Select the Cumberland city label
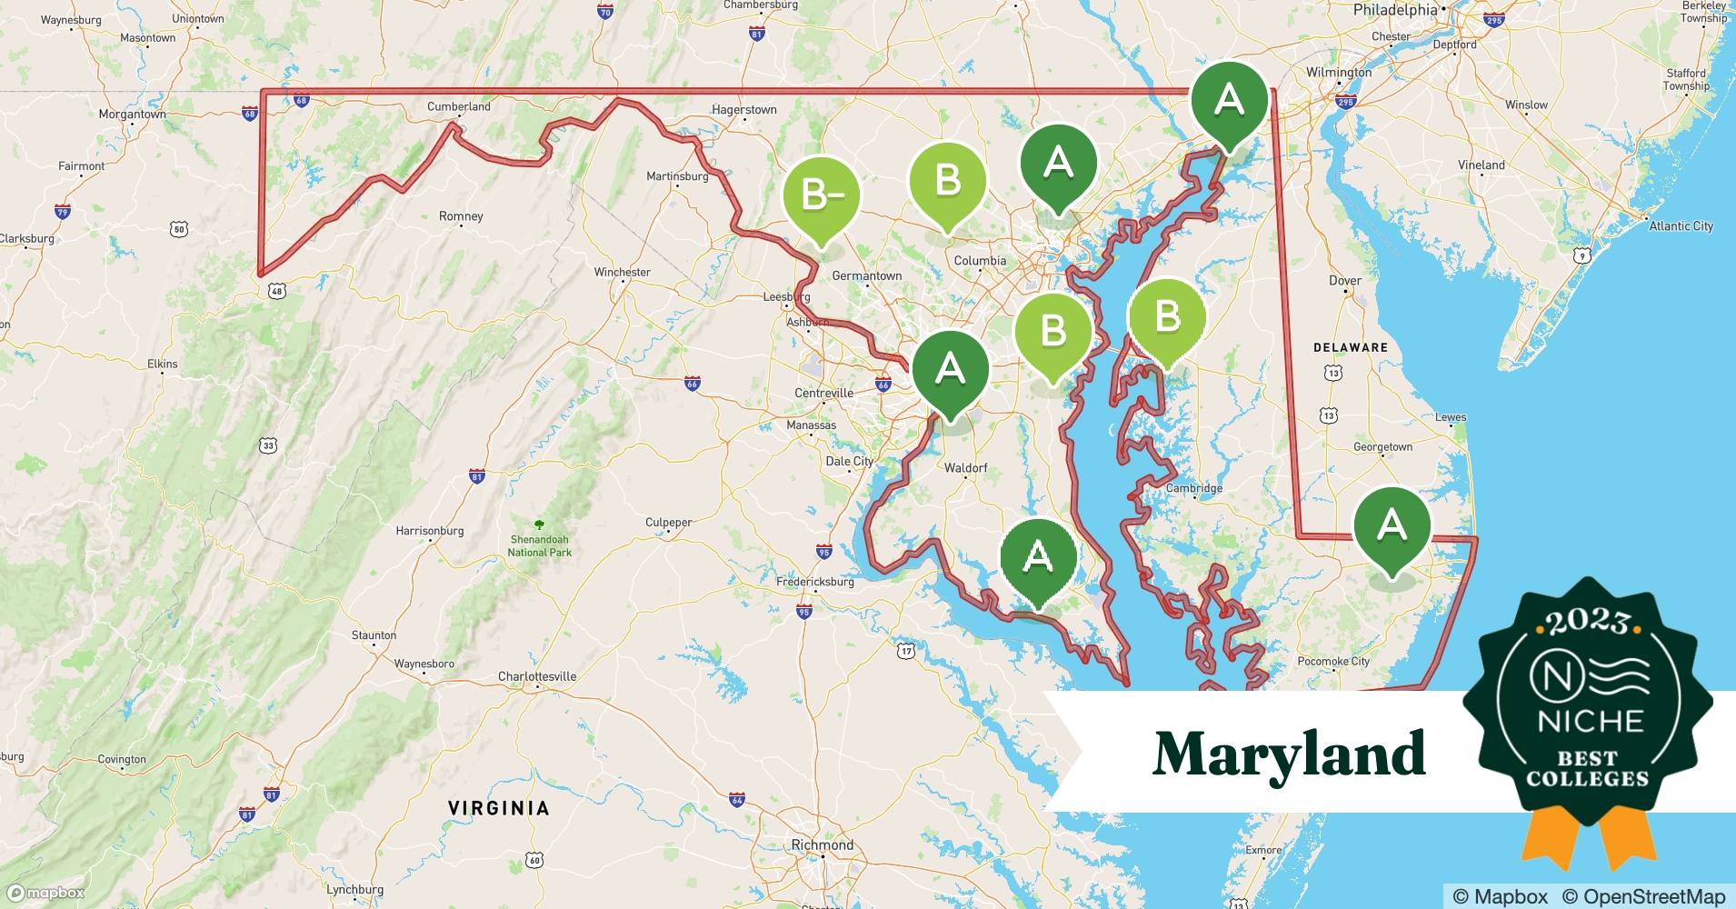(459, 106)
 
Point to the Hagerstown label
(743, 109)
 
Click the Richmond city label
(822, 844)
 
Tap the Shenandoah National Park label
(539, 545)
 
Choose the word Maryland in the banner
(1288, 753)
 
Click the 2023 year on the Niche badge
(1588, 623)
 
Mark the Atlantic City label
(1681, 225)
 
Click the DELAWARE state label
(1351, 347)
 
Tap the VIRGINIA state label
(499, 808)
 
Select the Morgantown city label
(133, 115)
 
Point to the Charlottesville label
(537, 676)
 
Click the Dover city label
(1344, 280)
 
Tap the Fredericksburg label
(814, 582)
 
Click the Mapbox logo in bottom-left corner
(45, 893)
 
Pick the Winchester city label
(622, 272)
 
